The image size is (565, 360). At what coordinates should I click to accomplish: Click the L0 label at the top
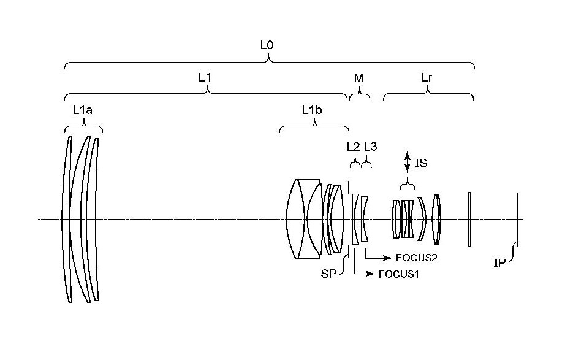(267, 45)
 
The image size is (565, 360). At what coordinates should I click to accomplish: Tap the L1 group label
(205, 77)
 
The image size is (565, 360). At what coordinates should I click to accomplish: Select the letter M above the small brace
(358, 78)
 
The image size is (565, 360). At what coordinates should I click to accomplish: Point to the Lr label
(427, 77)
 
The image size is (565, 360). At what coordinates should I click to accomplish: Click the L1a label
(83, 110)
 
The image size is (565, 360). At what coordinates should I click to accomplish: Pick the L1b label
(312, 110)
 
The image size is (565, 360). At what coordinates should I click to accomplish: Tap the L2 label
(354, 147)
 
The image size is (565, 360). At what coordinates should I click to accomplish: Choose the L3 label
(370, 147)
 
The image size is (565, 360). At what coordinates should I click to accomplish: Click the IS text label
(421, 163)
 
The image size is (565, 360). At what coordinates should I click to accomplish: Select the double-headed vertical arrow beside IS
(407, 162)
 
